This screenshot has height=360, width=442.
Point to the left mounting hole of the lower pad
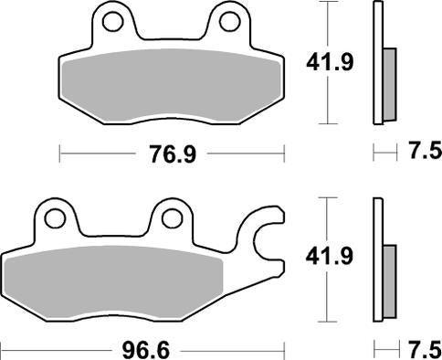55,217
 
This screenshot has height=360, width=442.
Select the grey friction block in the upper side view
388,82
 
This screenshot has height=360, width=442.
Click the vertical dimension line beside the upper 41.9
326,101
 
